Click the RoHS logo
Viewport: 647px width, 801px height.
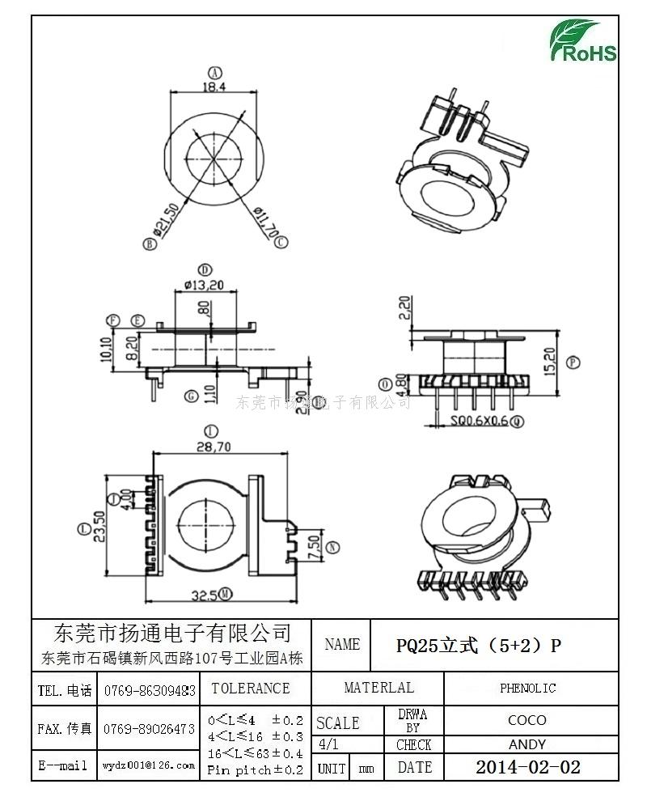point(583,40)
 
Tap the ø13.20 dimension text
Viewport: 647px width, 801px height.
point(204,284)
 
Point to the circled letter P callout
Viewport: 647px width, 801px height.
point(574,362)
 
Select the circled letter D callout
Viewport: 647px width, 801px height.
point(205,269)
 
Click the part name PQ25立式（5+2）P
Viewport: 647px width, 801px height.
point(478,645)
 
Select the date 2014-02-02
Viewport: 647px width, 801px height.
point(527,767)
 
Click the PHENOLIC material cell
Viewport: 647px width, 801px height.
point(527,689)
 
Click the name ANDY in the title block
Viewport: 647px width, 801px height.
point(527,744)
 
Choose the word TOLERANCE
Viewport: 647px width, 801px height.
point(250,689)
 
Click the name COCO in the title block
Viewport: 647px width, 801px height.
point(527,720)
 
